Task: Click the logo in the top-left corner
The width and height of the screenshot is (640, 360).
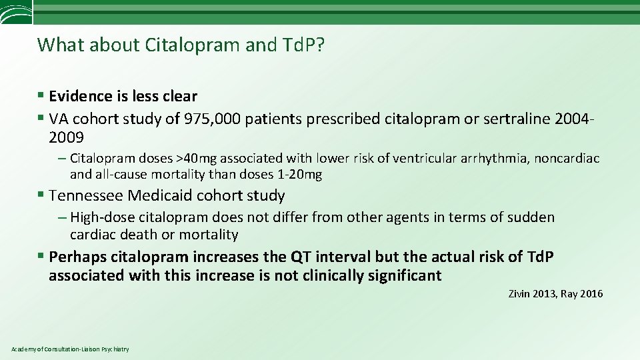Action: (15, 11)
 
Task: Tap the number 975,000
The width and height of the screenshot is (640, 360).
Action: (216, 119)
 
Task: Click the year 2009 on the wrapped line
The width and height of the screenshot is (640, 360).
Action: (66, 138)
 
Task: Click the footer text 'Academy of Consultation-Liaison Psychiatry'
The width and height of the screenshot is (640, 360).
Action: (70, 349)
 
